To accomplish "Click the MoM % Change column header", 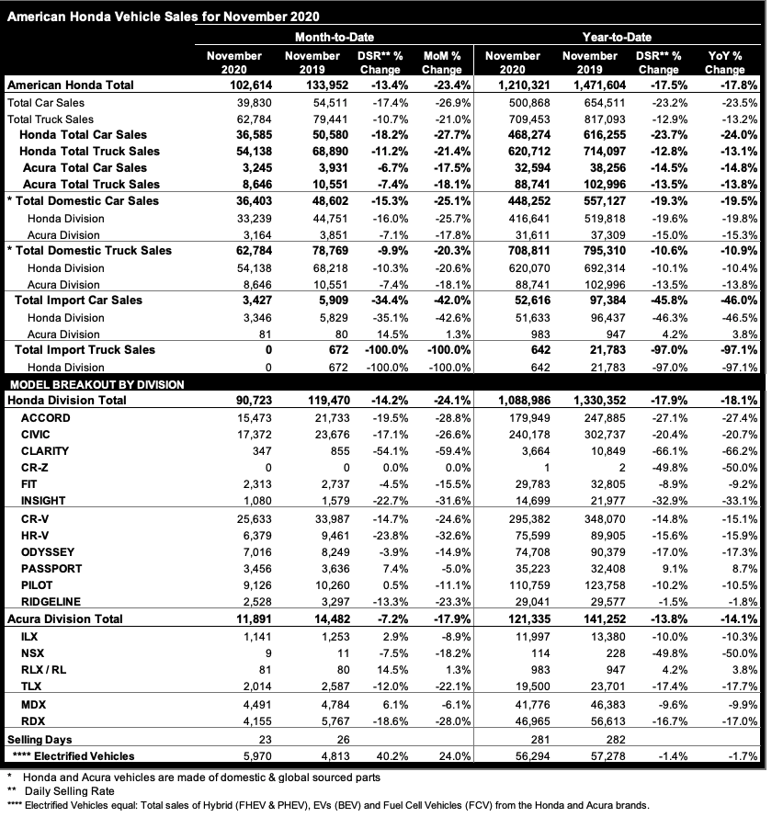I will [x=441, y=62].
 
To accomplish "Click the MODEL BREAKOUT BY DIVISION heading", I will [x=96, y=384].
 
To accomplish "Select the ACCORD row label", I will [x=46, y=418].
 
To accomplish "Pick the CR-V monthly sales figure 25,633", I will [x=243, y=518].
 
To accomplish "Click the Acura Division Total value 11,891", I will [x=241, y=619].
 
